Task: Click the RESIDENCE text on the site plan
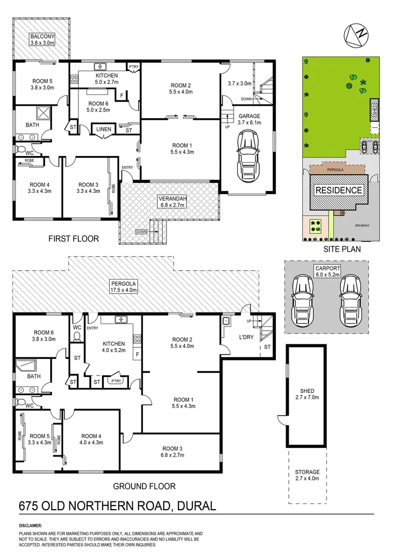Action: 340,190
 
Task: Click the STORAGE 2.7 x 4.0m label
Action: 307,476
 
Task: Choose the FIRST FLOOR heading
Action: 73,239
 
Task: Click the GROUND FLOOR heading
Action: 144,486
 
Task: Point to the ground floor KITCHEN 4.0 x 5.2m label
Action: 114,347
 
